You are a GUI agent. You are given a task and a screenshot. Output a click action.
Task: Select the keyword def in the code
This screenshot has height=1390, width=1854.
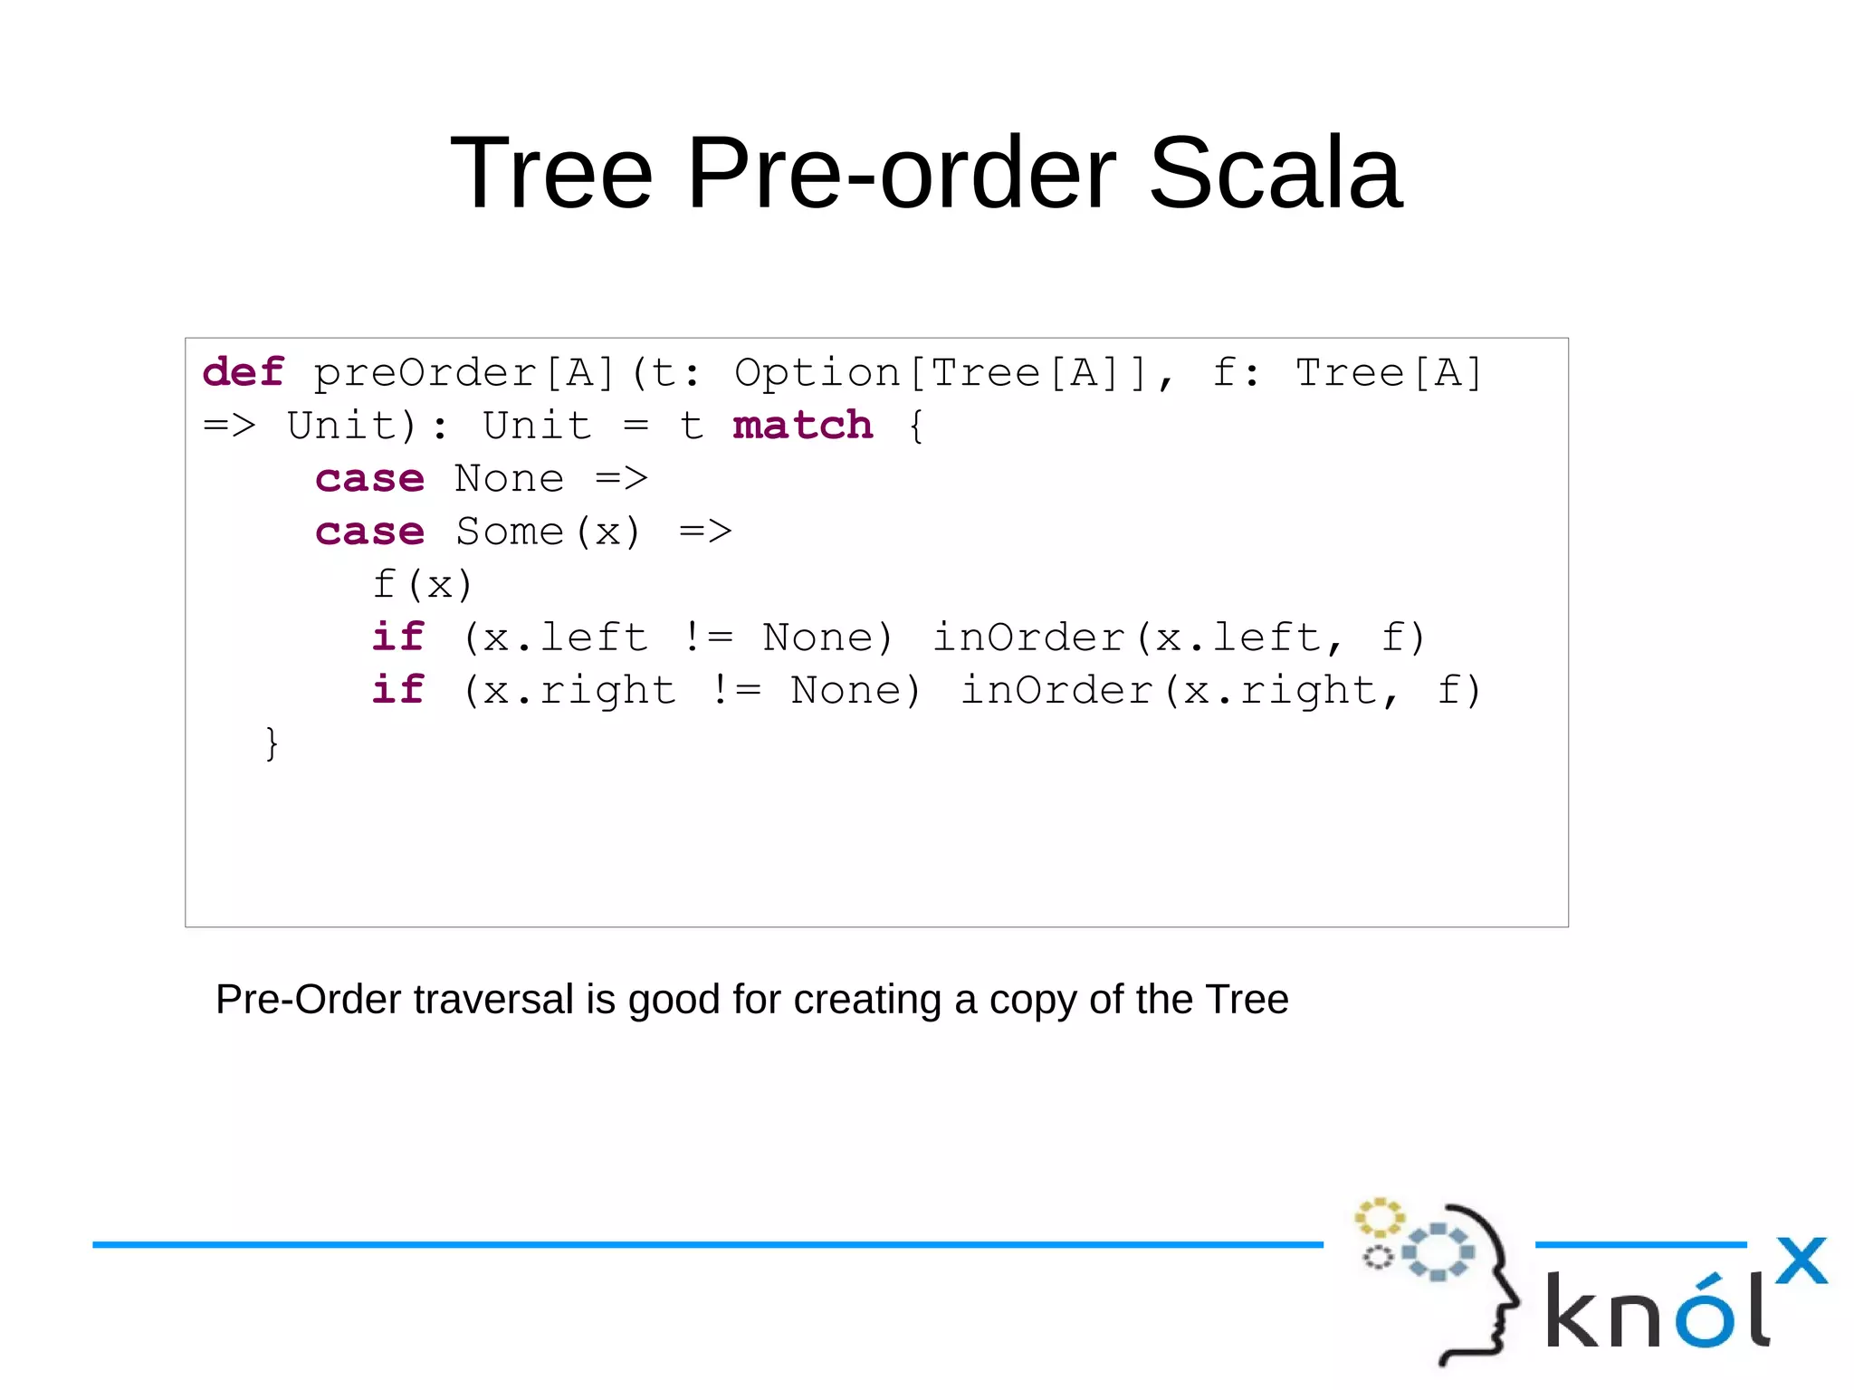(244, 373)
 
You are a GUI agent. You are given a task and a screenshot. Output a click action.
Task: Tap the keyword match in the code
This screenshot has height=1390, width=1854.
(802, 426)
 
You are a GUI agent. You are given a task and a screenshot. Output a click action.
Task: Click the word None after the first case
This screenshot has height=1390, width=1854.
(509, 478)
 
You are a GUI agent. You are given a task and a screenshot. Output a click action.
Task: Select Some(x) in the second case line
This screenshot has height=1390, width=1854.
(549, 532)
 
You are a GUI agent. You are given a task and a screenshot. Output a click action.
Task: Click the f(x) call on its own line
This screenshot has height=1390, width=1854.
(423, 585)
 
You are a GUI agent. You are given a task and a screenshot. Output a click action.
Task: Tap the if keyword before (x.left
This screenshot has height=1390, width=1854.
(398, 637)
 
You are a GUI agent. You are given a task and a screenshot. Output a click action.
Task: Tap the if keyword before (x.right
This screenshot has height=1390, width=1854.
(398, 690)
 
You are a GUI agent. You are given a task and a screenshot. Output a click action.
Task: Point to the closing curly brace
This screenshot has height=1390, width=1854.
(271, 743)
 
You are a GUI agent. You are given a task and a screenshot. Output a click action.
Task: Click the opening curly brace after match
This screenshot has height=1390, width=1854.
(916, 426)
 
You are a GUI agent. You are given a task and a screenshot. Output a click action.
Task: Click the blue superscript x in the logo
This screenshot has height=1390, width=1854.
(1801, 1261)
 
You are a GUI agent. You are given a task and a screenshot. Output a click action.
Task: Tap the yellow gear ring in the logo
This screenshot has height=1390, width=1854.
(1379, 1218)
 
